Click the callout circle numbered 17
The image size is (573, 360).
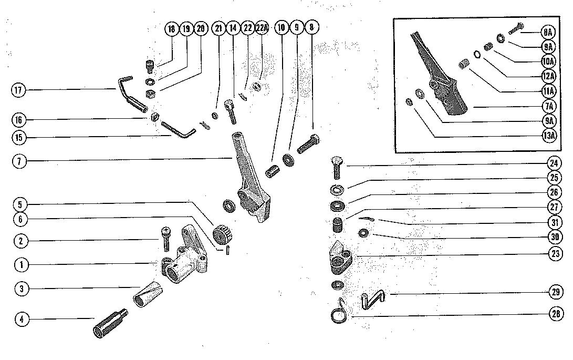(18, 90)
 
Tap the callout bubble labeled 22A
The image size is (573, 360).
(262, 28)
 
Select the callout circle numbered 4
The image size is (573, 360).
(22, 318)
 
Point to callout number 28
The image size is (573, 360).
(556, 314)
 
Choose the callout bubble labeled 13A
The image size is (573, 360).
(548, 136)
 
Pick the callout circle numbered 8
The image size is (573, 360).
(312, 28)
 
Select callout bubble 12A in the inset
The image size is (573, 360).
(548, 76)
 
